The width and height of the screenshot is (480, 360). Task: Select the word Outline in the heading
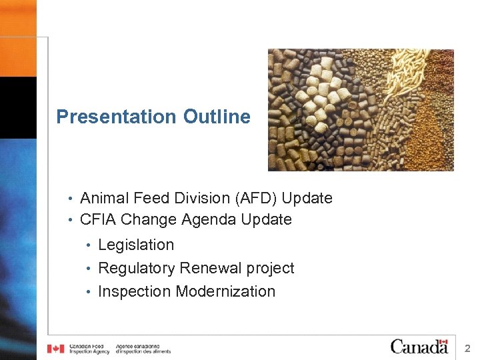click(217, 117)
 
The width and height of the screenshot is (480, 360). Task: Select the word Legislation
click(136, 245)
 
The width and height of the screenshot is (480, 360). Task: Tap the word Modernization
click(225, 291)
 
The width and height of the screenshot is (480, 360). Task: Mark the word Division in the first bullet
click(194, 198)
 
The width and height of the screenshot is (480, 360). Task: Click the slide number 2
click(467, 347)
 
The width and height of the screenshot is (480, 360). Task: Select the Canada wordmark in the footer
click(419, 347)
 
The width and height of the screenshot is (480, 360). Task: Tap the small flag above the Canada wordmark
click(442, 340)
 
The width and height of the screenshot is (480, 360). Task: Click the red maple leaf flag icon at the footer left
click(56, 348)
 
